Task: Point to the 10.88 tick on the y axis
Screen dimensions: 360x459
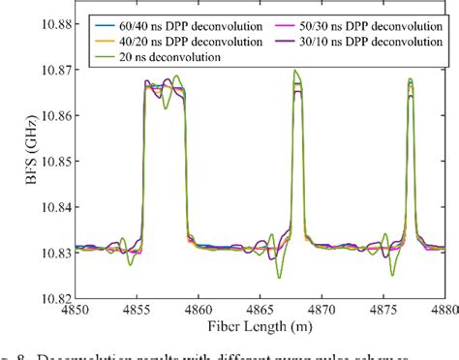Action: pyautogui.click(x=51, y=23)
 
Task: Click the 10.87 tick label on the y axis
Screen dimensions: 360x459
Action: pyautogui.click(x=51, y=70)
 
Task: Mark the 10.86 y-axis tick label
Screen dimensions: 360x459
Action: pyautogui.click(x=51, y=115)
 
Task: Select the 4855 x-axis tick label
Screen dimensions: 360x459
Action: pyautogui.click(x=137, y=310)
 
